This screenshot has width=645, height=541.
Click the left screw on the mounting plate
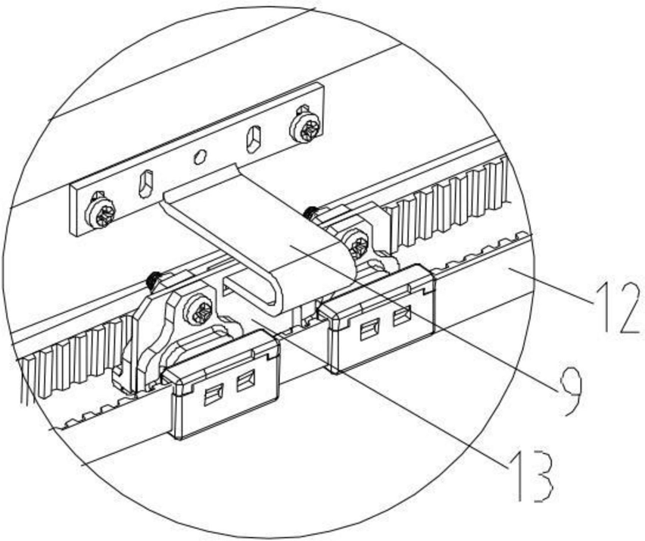point(101,212)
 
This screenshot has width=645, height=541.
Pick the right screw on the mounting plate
point(307,127)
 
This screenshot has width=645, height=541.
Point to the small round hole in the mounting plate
point(200,157)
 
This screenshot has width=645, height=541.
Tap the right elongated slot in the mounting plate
point(254,139)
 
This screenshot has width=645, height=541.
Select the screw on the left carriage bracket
point(201,311)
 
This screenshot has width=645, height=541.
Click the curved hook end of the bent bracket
point(250,292)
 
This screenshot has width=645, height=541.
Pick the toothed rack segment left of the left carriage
point(68,356)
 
